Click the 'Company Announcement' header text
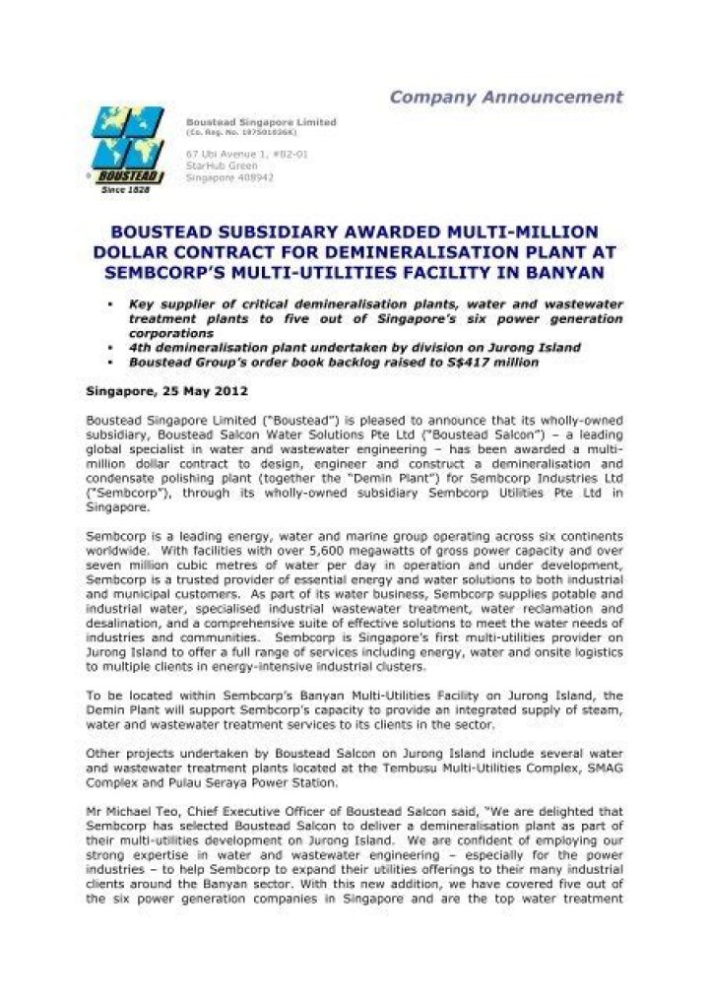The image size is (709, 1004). pos(506,97)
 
